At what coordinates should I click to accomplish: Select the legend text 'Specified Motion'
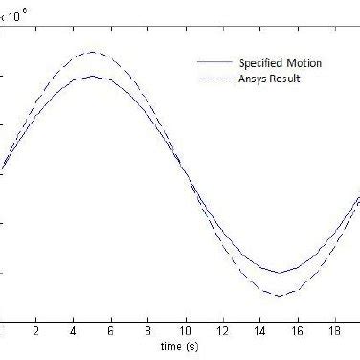tap(281, 63)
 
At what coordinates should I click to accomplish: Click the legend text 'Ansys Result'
tap(270, 79)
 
